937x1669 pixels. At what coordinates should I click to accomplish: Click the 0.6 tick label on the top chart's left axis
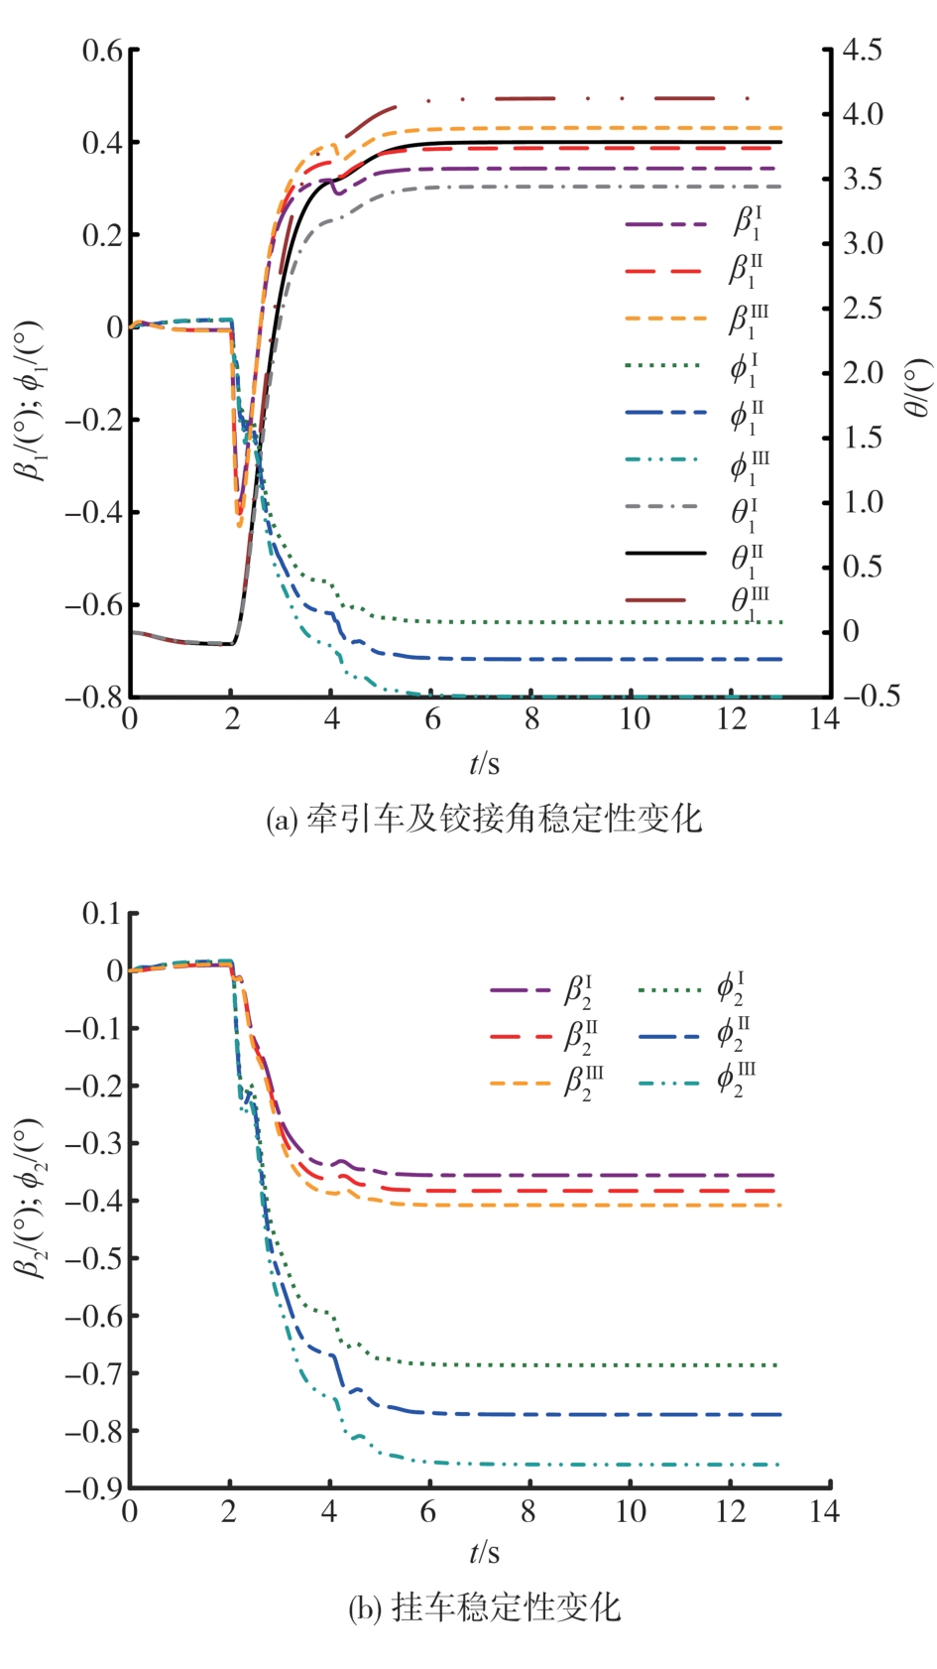coord(102,51)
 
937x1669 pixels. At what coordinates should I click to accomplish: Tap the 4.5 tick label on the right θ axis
coord(862,51)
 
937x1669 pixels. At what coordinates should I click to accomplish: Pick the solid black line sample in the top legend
coord(665,553)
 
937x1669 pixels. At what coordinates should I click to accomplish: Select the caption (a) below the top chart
coord(484,820)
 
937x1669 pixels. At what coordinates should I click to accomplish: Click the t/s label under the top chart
coord(484,763)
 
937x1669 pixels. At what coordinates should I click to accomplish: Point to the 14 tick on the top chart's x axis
coord(824,719)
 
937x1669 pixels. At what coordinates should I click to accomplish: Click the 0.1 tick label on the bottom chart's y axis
coord(102,913)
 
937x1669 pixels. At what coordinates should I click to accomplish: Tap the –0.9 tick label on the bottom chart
coord(95,1487)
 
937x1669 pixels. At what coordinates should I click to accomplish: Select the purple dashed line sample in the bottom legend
coord(520,990)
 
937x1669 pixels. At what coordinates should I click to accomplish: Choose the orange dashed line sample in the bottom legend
coord(520,1083)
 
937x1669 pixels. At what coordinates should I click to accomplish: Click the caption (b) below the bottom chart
coord(484,1607)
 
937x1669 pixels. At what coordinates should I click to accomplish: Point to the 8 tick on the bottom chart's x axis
coord(528,1511)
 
